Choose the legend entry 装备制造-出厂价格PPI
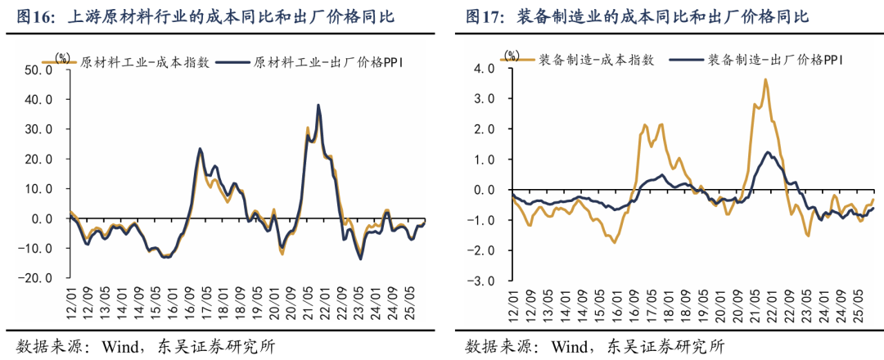769,60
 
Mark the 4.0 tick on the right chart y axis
485,70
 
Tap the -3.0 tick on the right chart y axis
483,281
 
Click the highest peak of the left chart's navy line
318,105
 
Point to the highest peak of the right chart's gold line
765,79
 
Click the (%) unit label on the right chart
512,56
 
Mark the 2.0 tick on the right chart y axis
485,129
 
